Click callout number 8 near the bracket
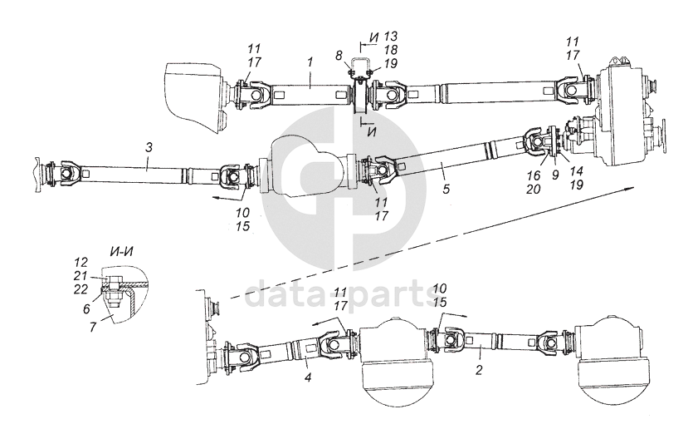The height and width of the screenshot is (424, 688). pos(339,56)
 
